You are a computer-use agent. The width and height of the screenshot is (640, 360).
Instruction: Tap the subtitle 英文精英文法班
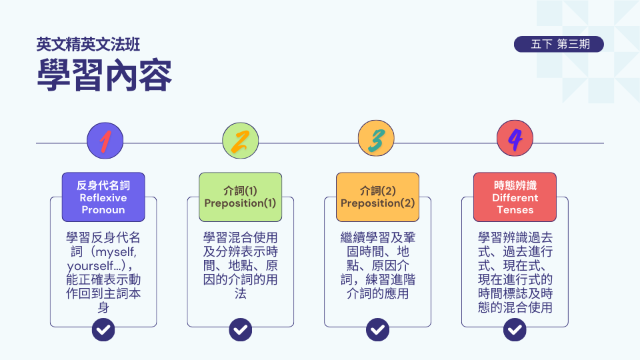tap(88, 45)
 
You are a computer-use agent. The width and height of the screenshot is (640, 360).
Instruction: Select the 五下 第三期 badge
tap(559, 45)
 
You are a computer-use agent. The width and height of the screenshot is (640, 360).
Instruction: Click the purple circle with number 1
tap(105, 141)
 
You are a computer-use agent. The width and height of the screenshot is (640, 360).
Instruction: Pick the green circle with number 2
tap(240, 141)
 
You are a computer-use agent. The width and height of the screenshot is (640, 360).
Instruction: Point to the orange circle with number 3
tap(377, 141)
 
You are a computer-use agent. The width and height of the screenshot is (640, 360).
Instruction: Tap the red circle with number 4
tap(515, 141)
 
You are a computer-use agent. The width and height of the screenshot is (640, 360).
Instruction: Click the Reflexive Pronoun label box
tap(103, 197)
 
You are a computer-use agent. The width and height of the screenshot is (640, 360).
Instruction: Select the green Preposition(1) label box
tap(240, 197)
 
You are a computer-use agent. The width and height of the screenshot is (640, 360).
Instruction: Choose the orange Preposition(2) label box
tap(377, 197)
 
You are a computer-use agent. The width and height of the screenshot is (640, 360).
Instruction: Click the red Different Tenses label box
tap(515, 197)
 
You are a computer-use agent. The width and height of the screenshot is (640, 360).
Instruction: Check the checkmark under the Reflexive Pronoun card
tap(103, 329)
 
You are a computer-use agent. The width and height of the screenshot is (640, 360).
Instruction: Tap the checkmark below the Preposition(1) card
tap(240, 329)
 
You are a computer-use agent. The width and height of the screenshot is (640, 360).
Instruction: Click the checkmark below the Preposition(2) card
tap(377, 329)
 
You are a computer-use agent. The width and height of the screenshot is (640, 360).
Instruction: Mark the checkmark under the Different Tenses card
tap(515, 329)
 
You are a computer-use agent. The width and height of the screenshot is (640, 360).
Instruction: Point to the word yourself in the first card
tap(89, 266)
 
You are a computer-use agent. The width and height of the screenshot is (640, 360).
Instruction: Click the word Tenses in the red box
tap(515, 209)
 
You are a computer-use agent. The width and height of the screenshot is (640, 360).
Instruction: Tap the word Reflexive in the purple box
tap(103, 197)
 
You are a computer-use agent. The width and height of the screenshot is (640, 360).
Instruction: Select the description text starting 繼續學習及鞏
tap(377, 265)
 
